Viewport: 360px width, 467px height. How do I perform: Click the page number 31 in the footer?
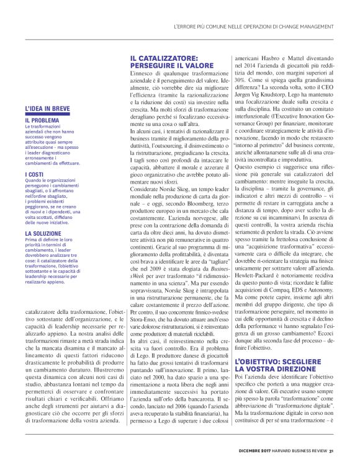[x=332, y=451]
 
